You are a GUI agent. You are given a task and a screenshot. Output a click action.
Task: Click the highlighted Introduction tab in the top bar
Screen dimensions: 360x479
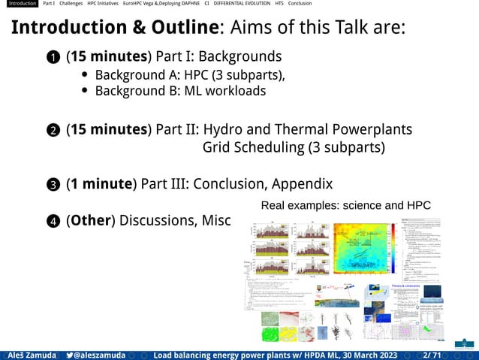[x=19, y=4]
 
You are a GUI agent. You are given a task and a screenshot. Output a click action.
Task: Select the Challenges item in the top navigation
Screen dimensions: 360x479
[x=71, y=4]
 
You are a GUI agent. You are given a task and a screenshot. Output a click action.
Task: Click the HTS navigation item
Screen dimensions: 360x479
[x=279, y=4]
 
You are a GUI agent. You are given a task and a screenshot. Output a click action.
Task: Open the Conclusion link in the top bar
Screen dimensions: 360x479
[x=300, y=4]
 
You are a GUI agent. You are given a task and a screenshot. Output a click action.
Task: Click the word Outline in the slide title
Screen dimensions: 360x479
[x=179, y=28]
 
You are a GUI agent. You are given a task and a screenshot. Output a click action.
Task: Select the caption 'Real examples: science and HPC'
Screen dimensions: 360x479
[x=345, y=205]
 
